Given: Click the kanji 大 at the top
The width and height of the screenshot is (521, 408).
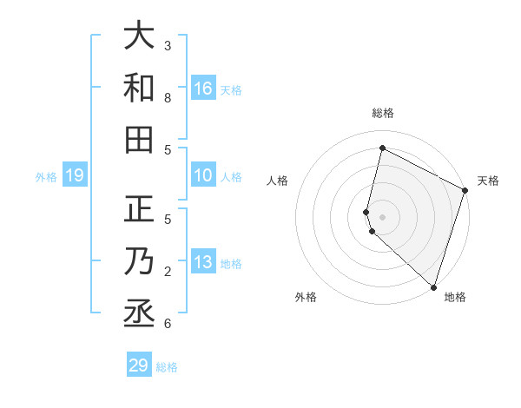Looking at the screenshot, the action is click(x=139, y=36).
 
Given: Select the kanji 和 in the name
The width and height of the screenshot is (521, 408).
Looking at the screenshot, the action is click(x=139, y=89).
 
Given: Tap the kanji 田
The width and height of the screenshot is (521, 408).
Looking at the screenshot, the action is click(x=139, y=139).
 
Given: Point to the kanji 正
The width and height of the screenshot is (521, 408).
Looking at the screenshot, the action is click(x=139, y=209).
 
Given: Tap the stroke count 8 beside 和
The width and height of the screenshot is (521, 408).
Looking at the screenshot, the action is click(x=168, y=98).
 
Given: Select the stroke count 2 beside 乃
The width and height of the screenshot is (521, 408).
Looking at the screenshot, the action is click(x=168, y=272).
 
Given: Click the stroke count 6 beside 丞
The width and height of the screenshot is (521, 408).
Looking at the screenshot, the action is click(x=168, y=324).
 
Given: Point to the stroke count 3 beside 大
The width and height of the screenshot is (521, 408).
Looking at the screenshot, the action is click(x=168, y=46).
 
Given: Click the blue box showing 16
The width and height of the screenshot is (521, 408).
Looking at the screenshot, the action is click(x=203, y=89).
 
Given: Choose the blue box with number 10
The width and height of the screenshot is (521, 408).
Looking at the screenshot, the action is click(x=203, y=176).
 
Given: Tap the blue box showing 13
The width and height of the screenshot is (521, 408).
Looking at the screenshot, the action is click(x=203, y=263).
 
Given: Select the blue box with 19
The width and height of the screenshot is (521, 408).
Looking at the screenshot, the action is click(x=75, y=176).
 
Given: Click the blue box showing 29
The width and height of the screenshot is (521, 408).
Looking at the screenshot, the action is click(x=139, y=365).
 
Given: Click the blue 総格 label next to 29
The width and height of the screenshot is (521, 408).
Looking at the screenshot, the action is click(x=168, y=367).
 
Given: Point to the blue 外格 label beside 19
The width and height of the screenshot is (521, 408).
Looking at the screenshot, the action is click(x=46, y=177).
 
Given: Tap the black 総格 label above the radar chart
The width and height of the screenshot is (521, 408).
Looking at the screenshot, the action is click(x=383, y=113).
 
